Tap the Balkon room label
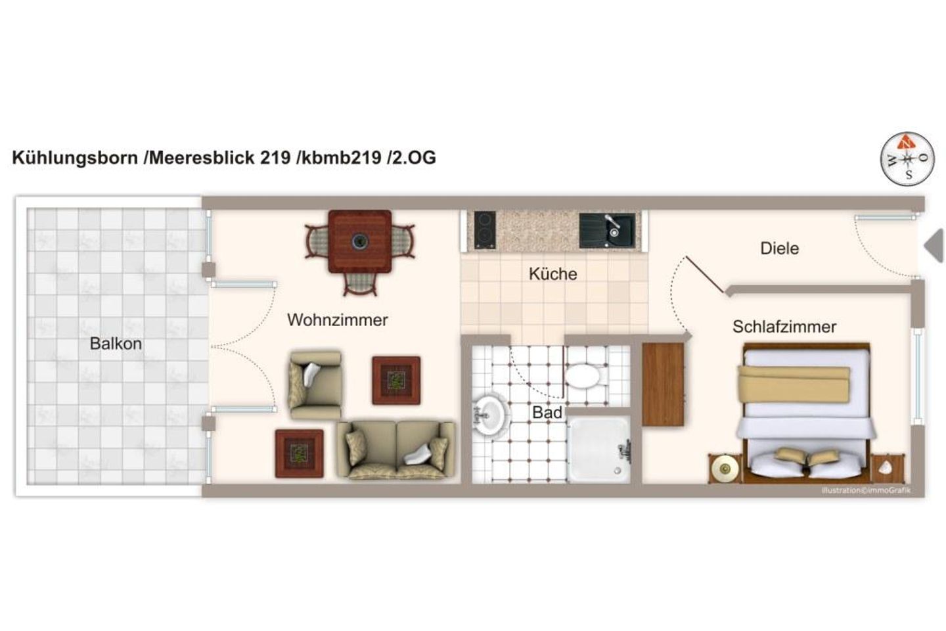(116, 344)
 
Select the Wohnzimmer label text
(337, 320)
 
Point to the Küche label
(552, 274)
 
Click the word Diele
(779, 248)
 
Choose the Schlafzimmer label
(784, 327)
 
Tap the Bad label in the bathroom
(547, 413)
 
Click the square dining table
(359, 241)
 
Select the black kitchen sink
(608, 230)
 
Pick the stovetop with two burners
(485, 230)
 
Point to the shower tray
(598, 449)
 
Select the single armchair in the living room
(315, 385)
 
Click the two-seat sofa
(395, 450)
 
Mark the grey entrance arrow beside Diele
(934, 246)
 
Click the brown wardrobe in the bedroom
(663, 385)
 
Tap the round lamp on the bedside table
(725, 469)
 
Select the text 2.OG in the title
(414, 158)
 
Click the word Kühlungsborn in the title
(75, 158)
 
